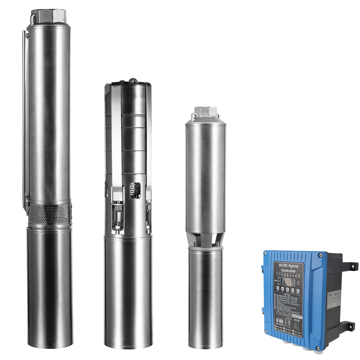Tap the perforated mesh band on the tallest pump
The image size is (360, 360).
(49, 214)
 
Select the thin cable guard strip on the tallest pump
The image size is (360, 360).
(25, 119)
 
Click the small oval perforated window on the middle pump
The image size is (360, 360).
(134, 190)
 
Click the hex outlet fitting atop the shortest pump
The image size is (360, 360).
(205, 112)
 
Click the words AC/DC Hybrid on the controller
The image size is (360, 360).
(288, 266)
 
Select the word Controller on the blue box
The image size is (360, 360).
(288, 271)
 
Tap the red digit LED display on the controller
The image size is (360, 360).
(288, 282)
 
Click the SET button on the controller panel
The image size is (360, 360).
(278, 288)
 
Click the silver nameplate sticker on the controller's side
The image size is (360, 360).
(334, 300)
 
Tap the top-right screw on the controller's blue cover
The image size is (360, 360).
(321, 255)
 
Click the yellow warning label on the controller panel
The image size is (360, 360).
(297, 316)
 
